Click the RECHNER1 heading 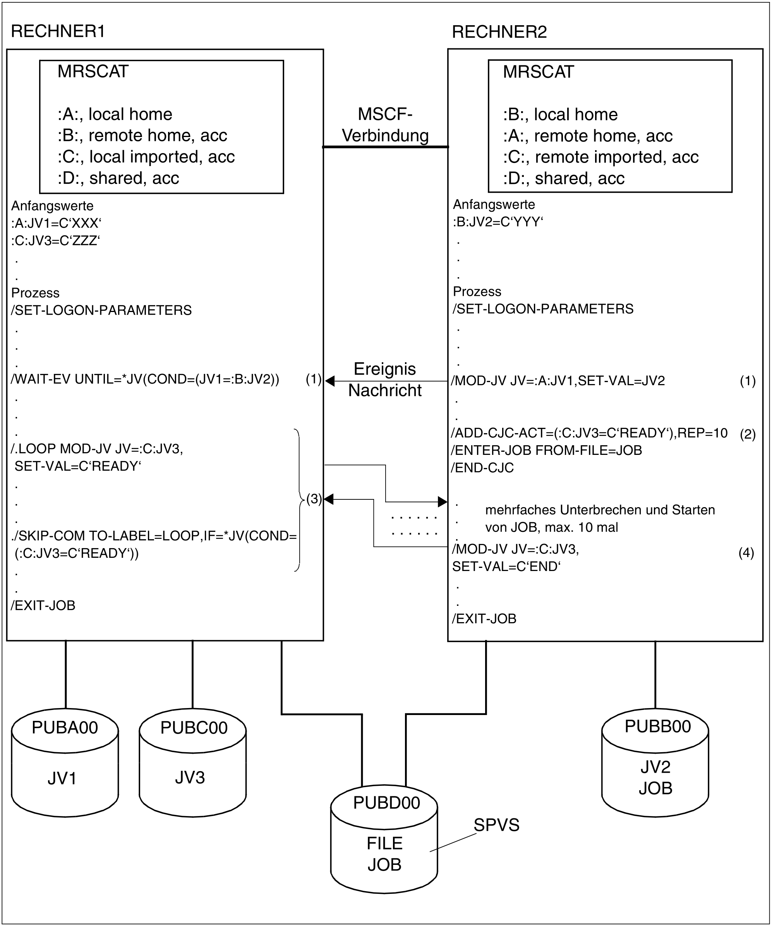(x=58, y=31)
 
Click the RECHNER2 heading (x=499, y=32)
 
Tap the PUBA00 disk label (x=65, y=727)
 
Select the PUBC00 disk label (x=194, y=727)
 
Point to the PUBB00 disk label (x=657, y=726)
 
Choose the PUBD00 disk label (x=386, y=803)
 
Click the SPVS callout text (x=496, y=825)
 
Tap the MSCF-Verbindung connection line (x=386, y=147)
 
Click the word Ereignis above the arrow (x=384, y=369)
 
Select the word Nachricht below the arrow (x=385, y=390)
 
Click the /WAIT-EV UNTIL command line (x=145, y=379)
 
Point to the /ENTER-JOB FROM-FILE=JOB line (x=547, y=450)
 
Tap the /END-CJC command (x=482, y=467)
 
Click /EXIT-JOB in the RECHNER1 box (x=43, y=605)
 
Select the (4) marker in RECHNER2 (x=746, y=552)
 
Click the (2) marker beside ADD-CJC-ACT (x=748, y=434)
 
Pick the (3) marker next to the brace (x=314, y=499)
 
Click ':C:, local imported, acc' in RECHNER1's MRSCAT (x=146, y=156)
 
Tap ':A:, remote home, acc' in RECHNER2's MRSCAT (x=588, y=136)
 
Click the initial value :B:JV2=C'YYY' (x=498, y=222)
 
